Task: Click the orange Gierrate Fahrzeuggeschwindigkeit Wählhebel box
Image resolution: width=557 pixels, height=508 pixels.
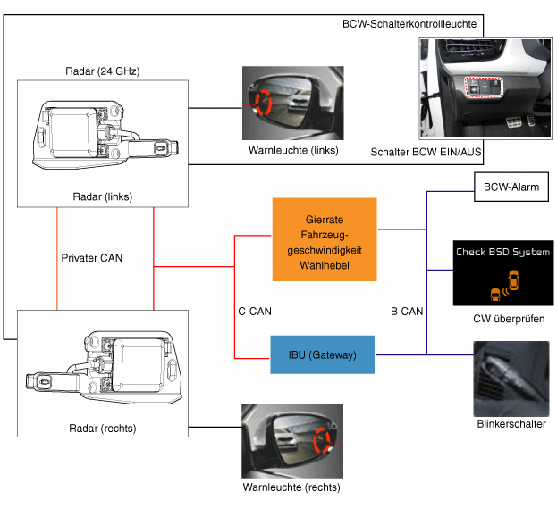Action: point(325,240)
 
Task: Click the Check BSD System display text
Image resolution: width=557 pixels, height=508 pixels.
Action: point(502,253)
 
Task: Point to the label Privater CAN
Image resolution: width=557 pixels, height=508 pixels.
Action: point(92,258)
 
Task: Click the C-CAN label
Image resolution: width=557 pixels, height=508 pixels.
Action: point(255,312)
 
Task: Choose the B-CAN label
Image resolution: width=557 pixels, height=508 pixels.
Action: point(407,312)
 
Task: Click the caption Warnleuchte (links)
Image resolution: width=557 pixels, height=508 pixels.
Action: point(293,150)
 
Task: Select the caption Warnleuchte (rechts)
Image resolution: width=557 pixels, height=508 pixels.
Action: point(291,487)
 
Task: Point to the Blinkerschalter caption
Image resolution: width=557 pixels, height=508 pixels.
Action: point(511,424)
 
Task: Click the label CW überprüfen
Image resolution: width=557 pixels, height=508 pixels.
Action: point(508,319)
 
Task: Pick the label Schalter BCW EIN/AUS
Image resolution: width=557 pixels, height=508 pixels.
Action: point(426,153)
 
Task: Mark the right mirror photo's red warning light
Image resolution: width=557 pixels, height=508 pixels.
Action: point(322,440)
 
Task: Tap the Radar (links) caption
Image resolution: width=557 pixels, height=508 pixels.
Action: point(100,195)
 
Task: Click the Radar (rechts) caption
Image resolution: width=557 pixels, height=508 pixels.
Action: point(101,428)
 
